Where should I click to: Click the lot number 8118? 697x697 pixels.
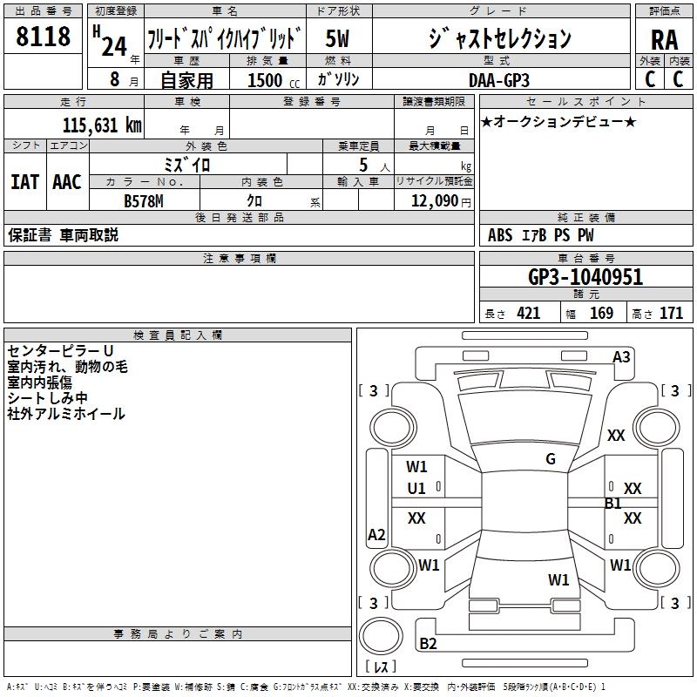(43, 37)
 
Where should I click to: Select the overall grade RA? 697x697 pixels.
(665, 40)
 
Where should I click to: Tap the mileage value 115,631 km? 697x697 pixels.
(102, 125)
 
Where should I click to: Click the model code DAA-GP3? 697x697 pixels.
(499, 80)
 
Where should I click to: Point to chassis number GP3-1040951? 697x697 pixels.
(585, 277)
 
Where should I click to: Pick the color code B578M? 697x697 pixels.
(144, 201)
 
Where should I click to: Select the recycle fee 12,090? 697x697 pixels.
(434, 201)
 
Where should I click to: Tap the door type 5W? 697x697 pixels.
(337, 38)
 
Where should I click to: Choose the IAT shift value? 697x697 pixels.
(24, 182)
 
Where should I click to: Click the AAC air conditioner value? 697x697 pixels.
(67, 182)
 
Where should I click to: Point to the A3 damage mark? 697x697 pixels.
(621, 357)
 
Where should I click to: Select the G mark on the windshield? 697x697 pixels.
(551, 459)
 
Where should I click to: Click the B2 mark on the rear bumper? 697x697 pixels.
(428, 643)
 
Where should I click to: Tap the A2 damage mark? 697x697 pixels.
(376, 534)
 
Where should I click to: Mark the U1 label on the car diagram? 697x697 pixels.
(416, 489)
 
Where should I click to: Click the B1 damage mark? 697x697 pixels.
(613, 504)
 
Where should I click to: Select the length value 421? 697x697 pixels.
(529, 313)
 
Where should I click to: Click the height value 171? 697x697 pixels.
(671, 313)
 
